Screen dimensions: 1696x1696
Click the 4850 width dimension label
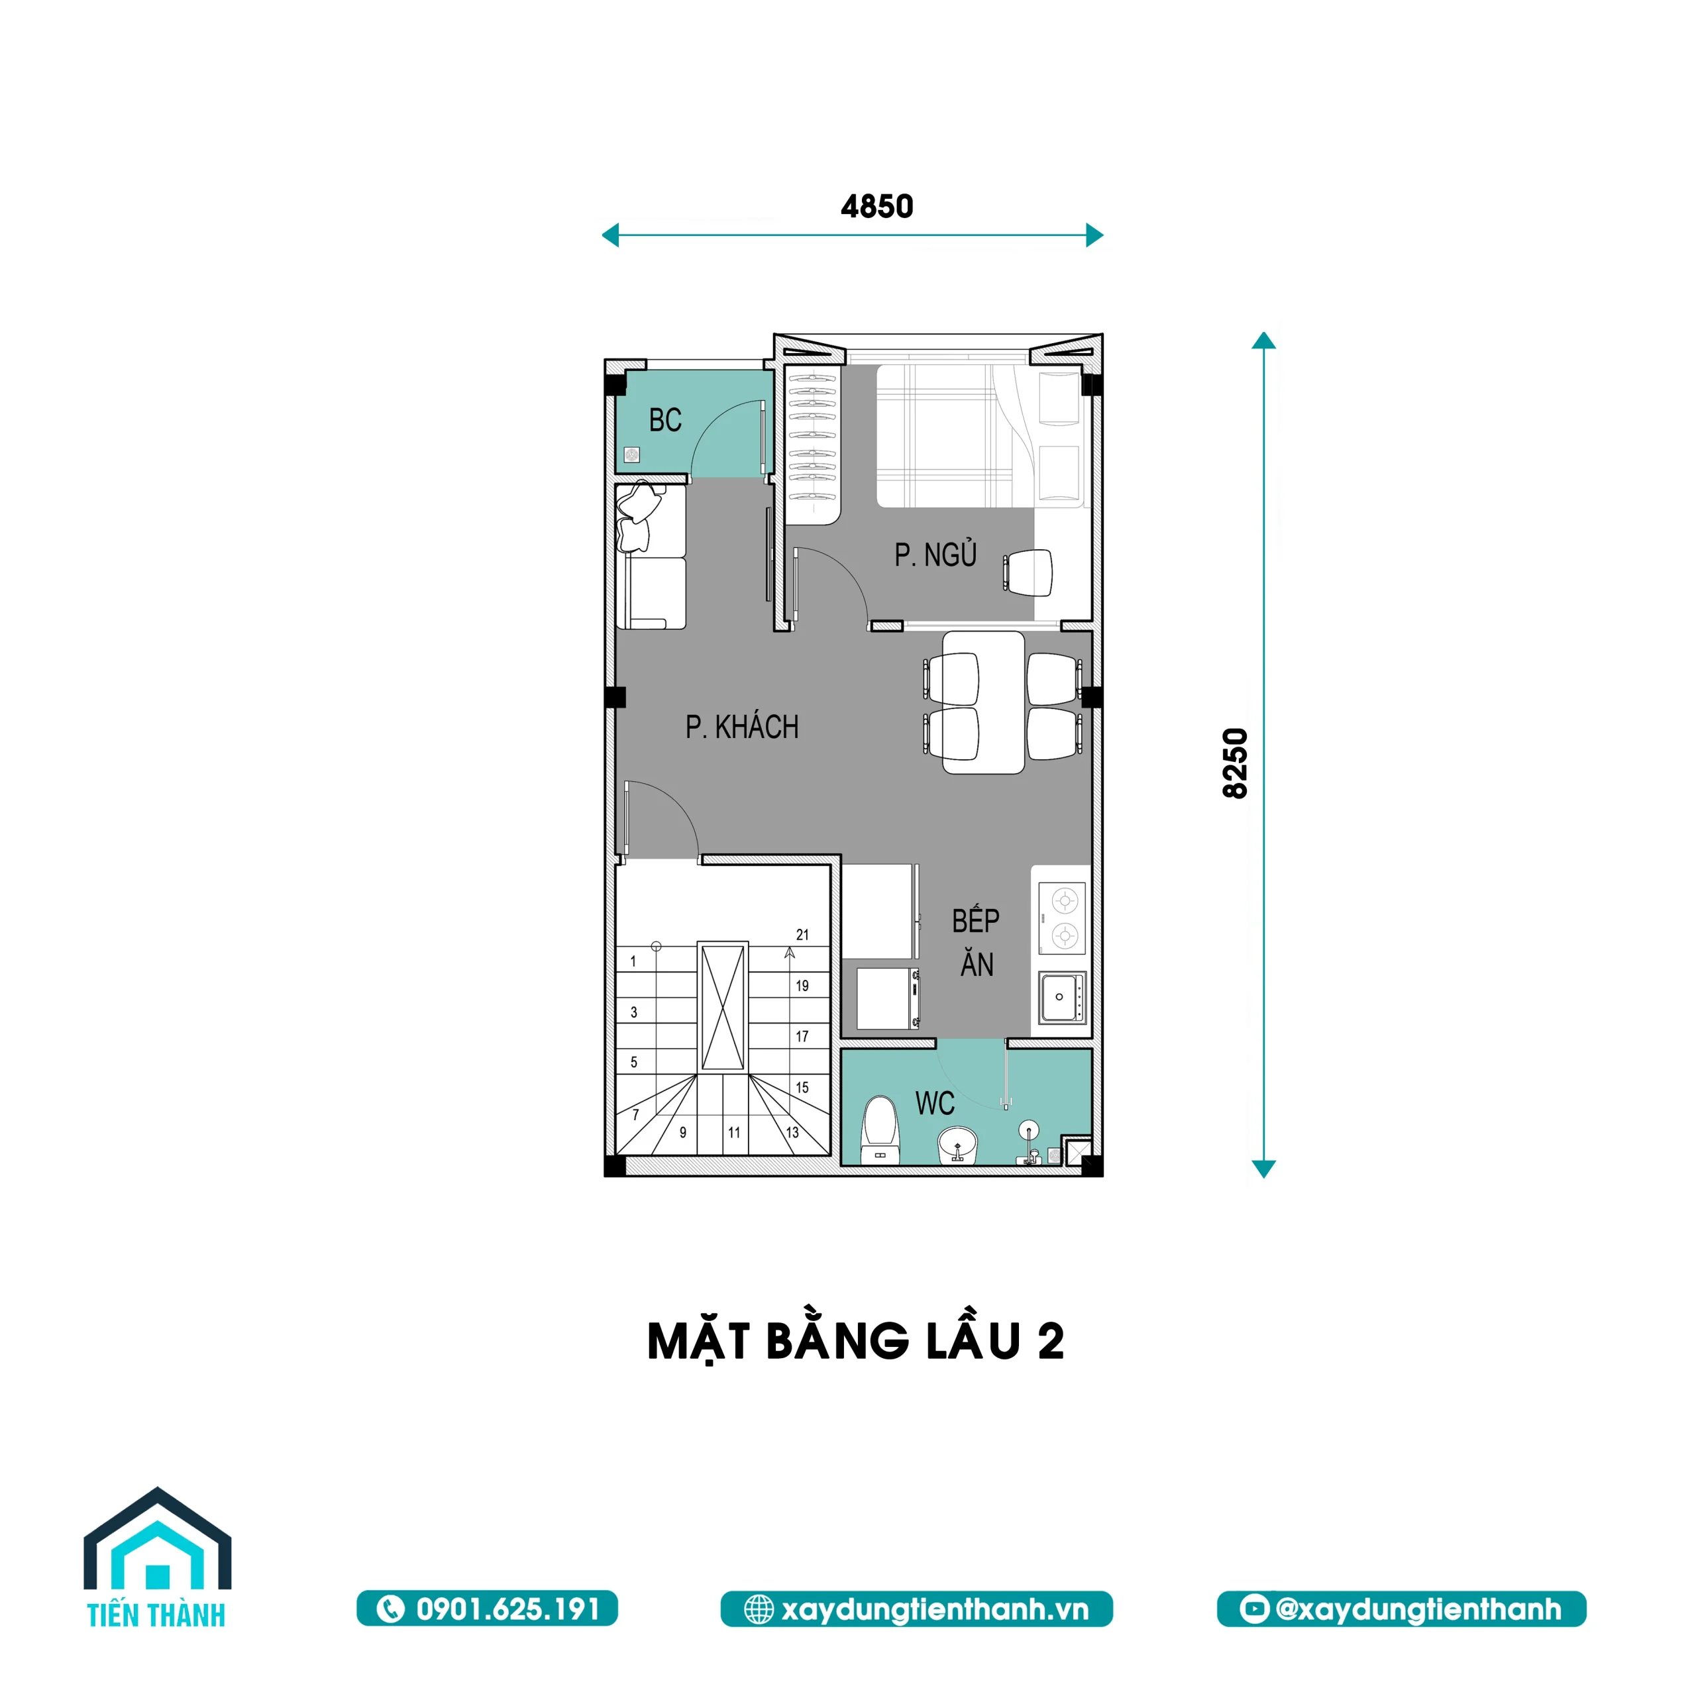pos(877,206)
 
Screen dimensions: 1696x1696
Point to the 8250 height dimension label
pos(1235,762)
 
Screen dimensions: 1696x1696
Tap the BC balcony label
pos(664,421)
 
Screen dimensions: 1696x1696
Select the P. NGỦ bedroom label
pos(935,555)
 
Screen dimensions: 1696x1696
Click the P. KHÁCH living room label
pos(742,727)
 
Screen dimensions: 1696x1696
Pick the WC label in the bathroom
pos(934,1104)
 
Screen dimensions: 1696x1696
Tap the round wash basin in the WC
pos(958,1145)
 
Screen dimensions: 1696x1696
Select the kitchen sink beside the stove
pos(1062,997)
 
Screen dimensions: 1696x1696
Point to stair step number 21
pos(802,935)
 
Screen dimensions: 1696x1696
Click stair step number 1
pos(633,961)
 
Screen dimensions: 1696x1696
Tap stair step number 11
pos(734,1132)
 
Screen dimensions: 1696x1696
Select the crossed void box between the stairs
pos(723,1007)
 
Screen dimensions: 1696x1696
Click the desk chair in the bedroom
pos(1030,572)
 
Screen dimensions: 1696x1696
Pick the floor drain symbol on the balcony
pos(631,454)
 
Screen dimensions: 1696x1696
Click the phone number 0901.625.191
pos(488,1609)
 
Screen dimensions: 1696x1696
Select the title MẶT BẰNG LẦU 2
pos(856,1340)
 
